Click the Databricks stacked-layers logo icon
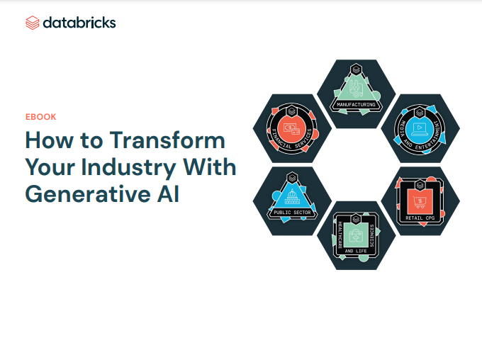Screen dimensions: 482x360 33,23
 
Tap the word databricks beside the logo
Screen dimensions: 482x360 79,23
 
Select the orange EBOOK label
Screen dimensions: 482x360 41,117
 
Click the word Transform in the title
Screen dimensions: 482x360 167,140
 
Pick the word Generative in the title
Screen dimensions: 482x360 88,194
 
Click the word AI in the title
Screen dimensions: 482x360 168,194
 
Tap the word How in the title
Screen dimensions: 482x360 50,140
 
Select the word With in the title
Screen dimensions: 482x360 210,167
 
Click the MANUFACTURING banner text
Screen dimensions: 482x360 356,104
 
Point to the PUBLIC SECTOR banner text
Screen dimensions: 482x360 292,213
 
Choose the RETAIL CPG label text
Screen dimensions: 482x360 420,218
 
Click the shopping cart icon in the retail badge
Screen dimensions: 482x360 420,202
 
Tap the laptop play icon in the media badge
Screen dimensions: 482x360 420,129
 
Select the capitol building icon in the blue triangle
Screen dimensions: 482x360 292,197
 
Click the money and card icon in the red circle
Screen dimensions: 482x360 291,129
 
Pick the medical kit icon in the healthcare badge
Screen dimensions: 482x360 356,236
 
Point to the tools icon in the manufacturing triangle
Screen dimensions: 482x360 356,89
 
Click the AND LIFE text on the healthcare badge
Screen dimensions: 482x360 356,251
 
